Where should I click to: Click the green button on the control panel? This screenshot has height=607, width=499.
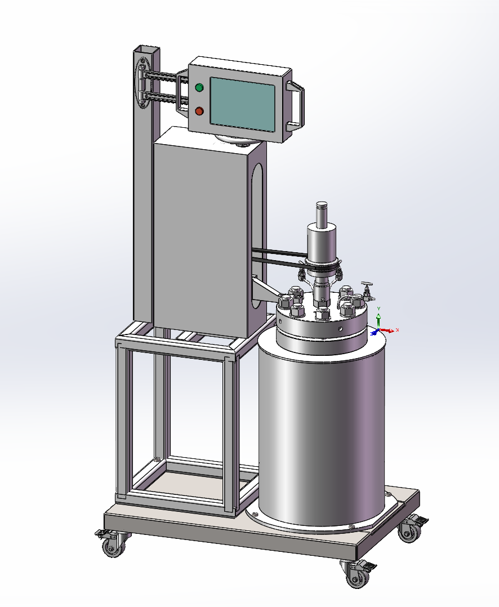pos(199,87)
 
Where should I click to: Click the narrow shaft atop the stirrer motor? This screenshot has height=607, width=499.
pos(322,215)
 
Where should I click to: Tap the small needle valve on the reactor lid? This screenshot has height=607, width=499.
pos(367,290)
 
